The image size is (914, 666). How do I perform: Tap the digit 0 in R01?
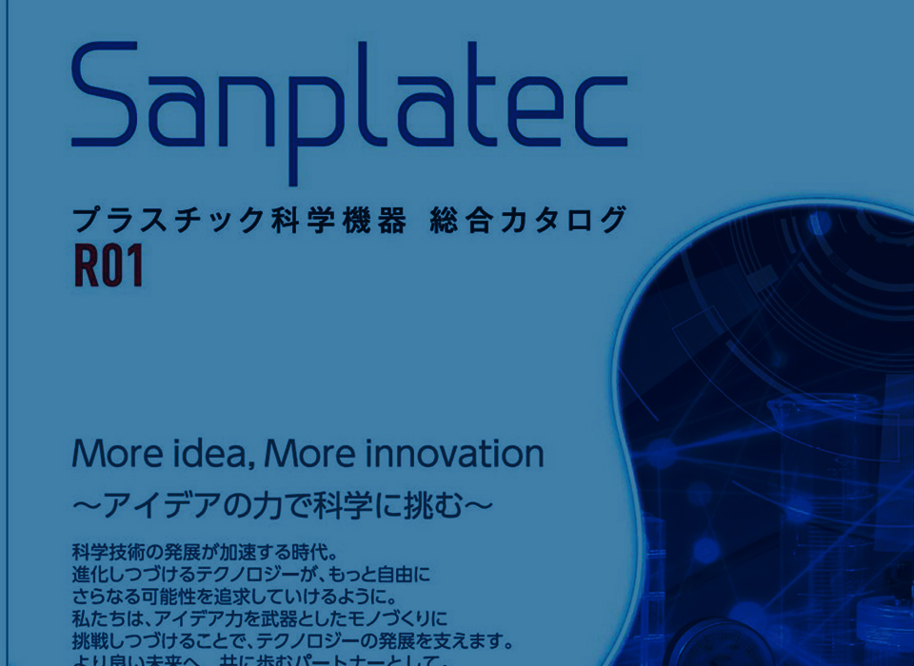(110, 267)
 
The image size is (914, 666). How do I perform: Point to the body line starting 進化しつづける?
(251, 575)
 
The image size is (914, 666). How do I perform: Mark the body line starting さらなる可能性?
(233, 597)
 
